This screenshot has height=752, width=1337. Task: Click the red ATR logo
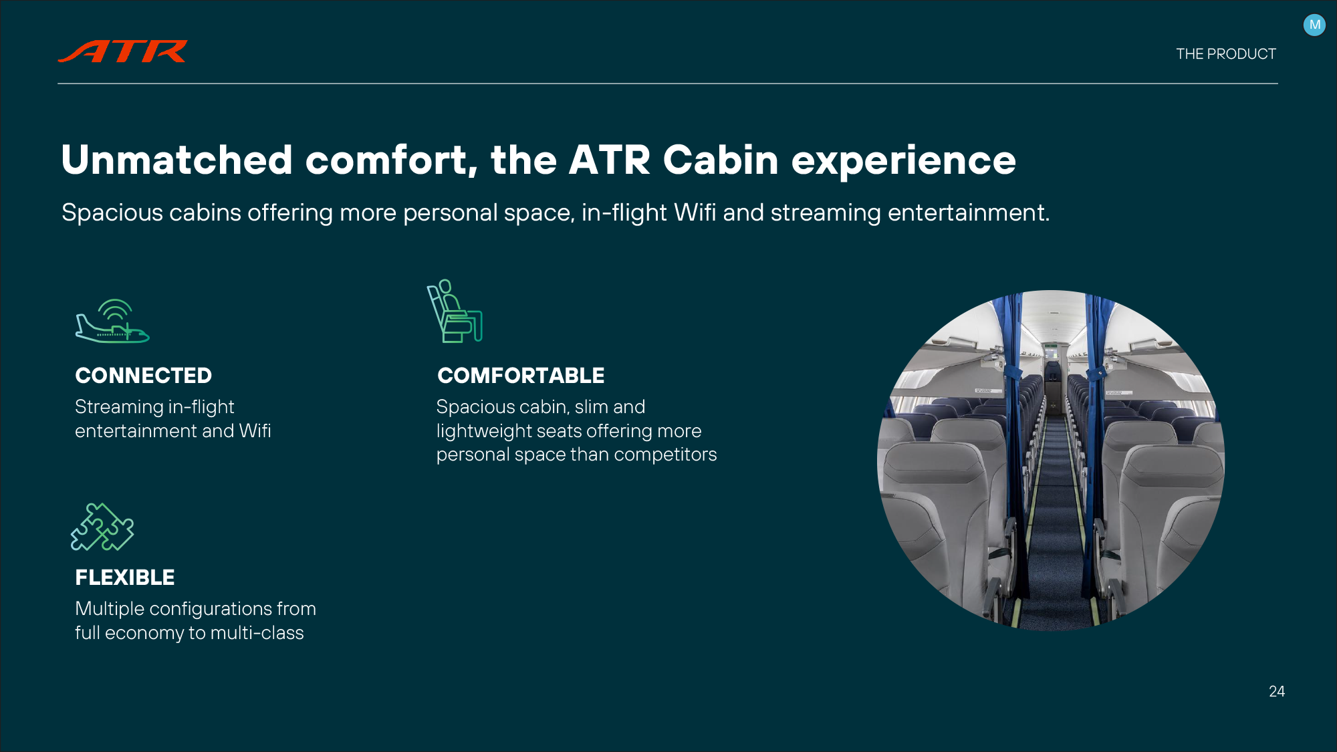[x=123, y=51]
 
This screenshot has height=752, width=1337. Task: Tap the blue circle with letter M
[x=1314, y=25]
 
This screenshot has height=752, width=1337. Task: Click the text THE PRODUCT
[x=1226, y=54]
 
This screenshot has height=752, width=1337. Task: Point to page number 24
[x=1277, y=691]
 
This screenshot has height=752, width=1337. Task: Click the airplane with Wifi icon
[x=112, y=321]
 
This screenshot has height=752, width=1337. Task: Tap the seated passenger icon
[x=455, y=311]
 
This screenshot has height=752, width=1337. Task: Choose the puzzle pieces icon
[x=102, y=527]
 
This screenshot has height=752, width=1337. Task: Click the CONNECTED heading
[x=144, y=376]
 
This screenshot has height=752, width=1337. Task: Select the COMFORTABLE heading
[x=521, y=376]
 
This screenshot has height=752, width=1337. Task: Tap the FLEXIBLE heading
[x=125, y=578]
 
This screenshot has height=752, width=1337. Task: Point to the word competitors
[x=665, y=455]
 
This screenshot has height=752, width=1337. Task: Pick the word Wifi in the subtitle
[x=695, y=213]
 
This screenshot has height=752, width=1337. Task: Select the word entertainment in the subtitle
[x=968, y=213]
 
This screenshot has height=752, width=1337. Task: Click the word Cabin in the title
[x=721, y=160]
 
